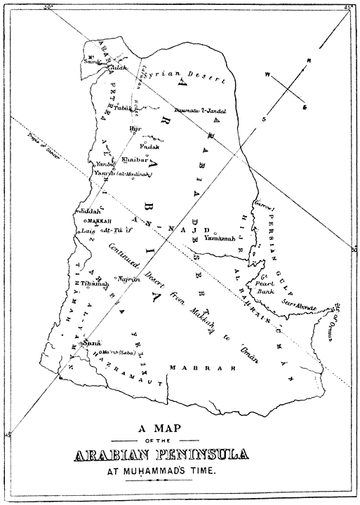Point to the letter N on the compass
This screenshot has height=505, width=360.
(x=307, y=62)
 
